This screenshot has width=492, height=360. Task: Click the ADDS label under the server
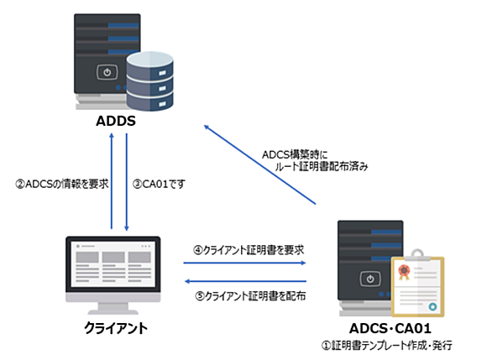pyautogui.click(x=116, y=121)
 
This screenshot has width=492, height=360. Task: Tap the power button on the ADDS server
pyautogui.click(x=107, y=72)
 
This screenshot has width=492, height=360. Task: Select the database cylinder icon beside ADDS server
pyautogui.click(x=150, y=81)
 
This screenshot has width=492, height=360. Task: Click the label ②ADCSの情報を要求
pyautogui.click(x=62, y=184)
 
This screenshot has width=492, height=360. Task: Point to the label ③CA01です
pyautogui.click(x=159, y=184)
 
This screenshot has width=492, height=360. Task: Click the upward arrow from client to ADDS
pyautogui.click(x=112, y=181)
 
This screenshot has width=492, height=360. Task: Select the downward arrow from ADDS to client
pyautogui.click(x=127, y=182)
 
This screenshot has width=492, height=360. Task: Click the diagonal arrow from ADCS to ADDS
pyautogui.click(x=259, y=164)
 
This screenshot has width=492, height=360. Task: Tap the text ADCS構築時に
pyautogui.click(x=295, y=154)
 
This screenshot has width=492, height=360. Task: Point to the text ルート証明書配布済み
pyautogui.click(x=322, y=166)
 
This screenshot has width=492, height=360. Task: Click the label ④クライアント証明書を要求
pyautogui.click(x=249, y=250)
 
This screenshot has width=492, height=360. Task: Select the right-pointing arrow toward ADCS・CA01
pyautogui.click(x=245, y=263)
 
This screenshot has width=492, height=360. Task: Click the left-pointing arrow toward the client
pyautogui.click(x=245, y=281)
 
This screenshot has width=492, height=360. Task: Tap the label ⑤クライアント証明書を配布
pyautogui.click(x=250, y=295)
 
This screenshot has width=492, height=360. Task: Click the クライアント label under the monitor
pyautogui.click(x=116, y=328)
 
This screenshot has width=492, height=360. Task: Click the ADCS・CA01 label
pyautogui.click(x=390, y=329)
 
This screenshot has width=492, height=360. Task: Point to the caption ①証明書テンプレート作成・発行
pyautogui.click(x=386, y=345)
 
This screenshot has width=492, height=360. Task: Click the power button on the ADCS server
pyautogui.click(x=370, y=279)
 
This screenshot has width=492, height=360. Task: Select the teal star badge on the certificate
pyautogui.click(x=432, y=306)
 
